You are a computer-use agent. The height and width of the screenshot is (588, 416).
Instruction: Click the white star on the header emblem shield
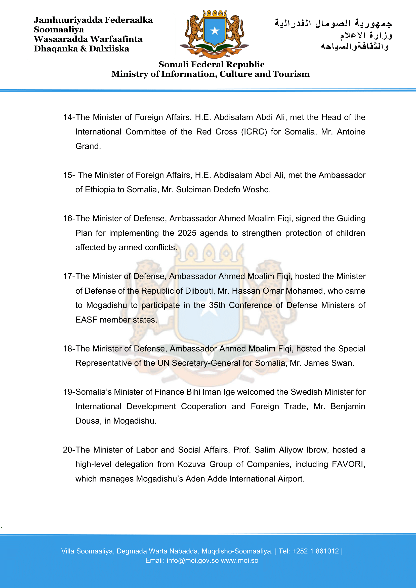215,31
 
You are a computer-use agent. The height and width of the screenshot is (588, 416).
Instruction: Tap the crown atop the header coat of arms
215,13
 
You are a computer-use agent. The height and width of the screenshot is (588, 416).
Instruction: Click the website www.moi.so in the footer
239,561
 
